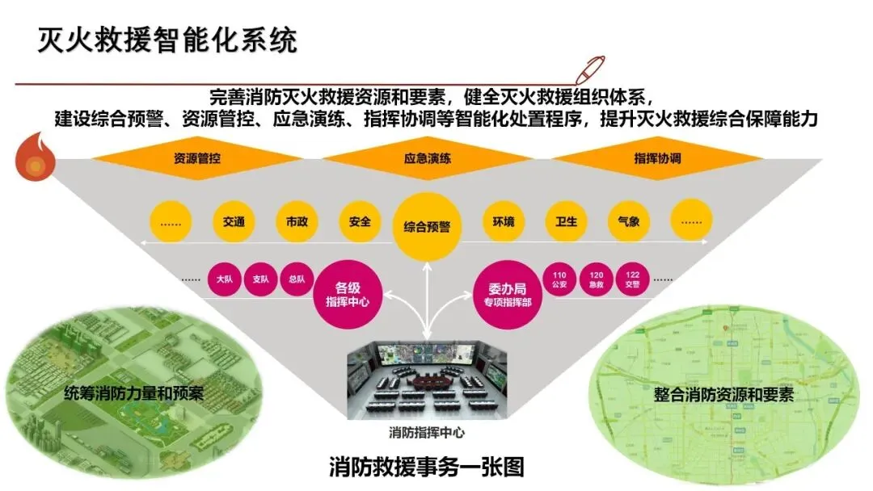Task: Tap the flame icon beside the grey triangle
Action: click(36, 162)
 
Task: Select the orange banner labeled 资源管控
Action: click(197, 158)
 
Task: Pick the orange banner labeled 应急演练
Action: click(427, 158)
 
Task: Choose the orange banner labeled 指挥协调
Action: click(657, 158)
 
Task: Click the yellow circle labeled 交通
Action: click(234, 221)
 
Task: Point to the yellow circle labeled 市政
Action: click(297, 221)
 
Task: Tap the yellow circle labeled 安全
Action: click(360, 221)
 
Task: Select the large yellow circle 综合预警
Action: click(427, 227)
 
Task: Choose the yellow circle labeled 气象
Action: click(628, 221)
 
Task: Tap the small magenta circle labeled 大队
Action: click(225, 280)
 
